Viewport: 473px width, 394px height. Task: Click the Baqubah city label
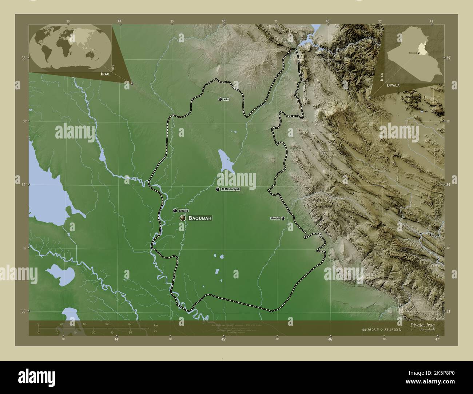coord(200,218)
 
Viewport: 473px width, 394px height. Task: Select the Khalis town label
coord(183,211)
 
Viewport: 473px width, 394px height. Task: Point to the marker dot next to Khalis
coord(175,210)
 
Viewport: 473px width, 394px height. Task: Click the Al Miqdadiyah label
coord(231,189)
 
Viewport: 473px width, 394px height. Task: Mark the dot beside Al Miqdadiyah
coord(218,189)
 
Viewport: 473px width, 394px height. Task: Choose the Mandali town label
coord(275,218)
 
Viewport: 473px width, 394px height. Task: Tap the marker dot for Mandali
coord(283,218)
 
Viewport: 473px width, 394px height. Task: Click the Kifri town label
coord(226,99)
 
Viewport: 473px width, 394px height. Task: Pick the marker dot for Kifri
coord(220,99)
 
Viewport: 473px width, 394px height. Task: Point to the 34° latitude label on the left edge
coord(24,185)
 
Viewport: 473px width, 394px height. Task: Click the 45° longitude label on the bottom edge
coord(223,339)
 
